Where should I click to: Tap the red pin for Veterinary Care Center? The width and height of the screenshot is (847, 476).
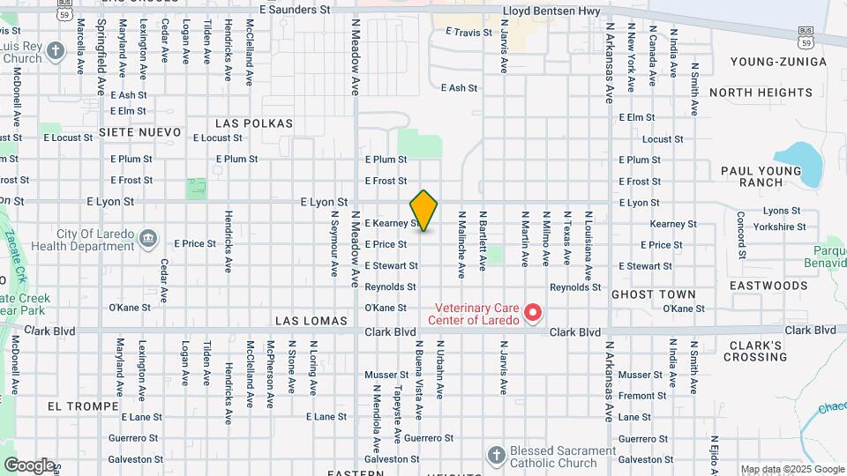point(533,313)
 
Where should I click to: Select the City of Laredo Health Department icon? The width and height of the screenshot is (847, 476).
point(148,238)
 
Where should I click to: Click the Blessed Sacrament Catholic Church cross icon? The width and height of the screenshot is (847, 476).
point(496,456)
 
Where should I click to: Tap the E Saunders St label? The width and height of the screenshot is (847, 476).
point(294,10)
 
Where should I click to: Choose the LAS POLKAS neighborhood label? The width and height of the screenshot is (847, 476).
point(253,123)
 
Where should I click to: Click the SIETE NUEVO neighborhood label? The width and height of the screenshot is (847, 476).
point(139,132)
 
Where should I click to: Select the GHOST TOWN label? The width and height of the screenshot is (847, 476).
point(653,294)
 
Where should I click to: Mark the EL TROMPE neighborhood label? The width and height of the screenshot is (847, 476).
point(83,406)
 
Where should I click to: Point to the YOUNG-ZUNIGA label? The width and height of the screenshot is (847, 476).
point(779,62)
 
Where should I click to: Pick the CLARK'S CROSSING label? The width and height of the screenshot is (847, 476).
point(755,351)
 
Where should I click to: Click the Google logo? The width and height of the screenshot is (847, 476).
point(29,465)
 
